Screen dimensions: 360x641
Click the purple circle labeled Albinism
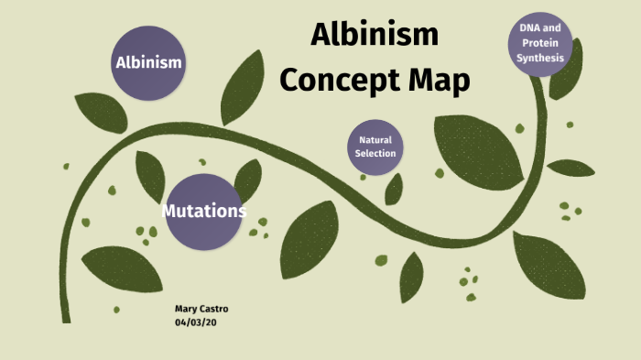(x=147, y=63)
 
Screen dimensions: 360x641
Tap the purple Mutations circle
(x=204, y=211)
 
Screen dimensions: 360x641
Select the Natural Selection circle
(x=375, y=147)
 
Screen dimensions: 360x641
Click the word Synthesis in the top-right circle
(x=540, y=58)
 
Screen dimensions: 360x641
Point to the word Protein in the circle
(x=540, y=43)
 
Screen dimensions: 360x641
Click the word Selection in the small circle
(x=375, y=153)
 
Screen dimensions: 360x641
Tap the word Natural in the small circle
(x=375, y=140)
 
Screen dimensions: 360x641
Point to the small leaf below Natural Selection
(x=394, y=188)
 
